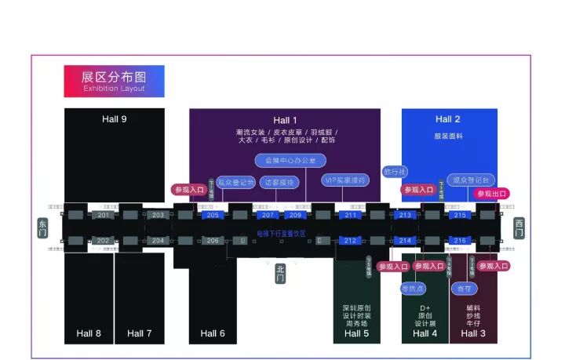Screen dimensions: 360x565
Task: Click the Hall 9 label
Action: tap(114, 119)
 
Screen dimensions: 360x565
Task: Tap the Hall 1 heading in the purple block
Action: tap(285, 120)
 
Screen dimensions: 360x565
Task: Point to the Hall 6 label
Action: tap(213, 333)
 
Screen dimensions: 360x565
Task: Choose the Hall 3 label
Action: tap(473, 333)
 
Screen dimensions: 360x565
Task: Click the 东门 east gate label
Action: tap(42, 227)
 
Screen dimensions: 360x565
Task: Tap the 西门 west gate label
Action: tap(519, 227)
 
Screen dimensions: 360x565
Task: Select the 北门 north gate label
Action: tap(281, 273)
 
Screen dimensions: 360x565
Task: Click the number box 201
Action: tap(104, 215)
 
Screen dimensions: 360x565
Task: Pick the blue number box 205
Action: tap(213, 215)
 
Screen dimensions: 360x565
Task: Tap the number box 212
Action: tap(350, 241)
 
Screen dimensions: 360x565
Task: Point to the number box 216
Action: tap(460, 241)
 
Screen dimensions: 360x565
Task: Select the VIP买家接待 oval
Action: tap(345, 180)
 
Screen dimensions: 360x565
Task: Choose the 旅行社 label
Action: tap(395, 171)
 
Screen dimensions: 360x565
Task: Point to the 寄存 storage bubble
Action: tap(464, 289)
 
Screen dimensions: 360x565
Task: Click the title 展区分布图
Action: tap(114, 77)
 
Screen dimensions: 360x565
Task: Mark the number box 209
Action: tap(294, 215)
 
